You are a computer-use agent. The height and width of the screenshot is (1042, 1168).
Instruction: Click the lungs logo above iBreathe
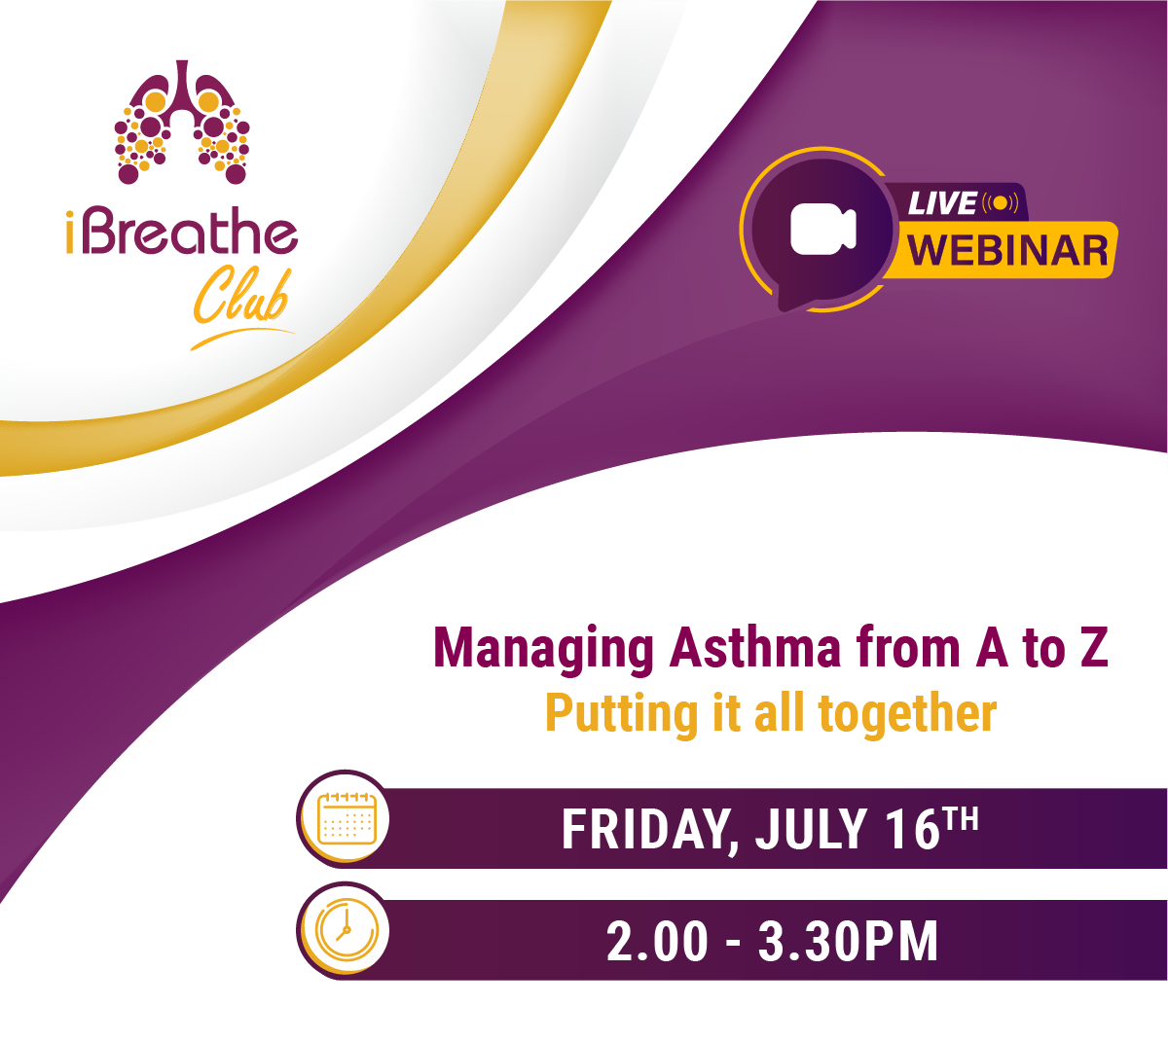point(182,123)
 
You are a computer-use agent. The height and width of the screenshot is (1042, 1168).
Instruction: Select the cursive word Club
point(241,296)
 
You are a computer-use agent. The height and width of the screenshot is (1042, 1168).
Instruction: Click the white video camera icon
point(822,229)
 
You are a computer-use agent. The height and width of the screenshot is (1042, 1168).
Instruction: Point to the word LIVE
point(942,203)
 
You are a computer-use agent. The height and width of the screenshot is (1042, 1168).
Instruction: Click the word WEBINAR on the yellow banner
point(1007,250)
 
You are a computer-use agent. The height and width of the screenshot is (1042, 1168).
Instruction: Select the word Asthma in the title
point(755,647)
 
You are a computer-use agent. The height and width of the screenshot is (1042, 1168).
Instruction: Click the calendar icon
point(347,818)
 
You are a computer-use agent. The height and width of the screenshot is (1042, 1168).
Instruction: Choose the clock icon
point(347,930)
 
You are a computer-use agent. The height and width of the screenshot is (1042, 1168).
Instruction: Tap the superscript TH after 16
point(962,818)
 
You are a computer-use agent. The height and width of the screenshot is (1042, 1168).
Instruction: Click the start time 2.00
point(657,942)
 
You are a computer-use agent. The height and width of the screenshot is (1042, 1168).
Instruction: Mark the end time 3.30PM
point(848,942)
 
